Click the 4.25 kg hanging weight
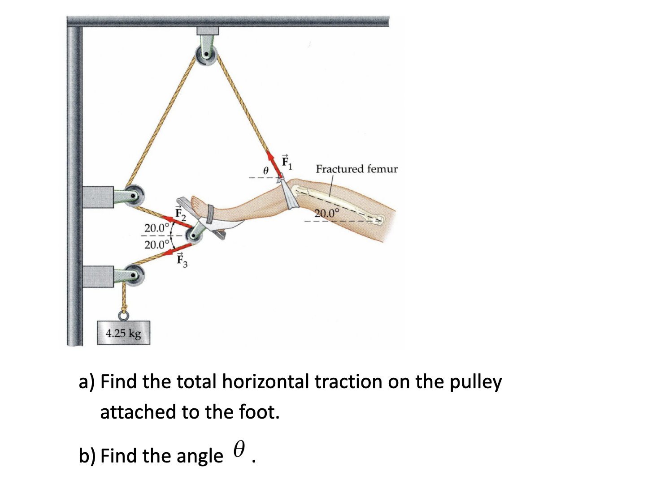123,333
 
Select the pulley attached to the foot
195,233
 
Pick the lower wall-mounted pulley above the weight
133,274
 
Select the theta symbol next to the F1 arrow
265,171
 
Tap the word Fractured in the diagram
339,169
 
